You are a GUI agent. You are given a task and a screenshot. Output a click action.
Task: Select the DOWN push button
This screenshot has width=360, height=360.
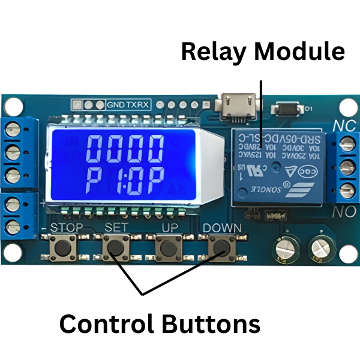point(221,247)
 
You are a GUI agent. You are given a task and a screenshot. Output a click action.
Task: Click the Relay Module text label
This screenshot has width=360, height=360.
point(263,52)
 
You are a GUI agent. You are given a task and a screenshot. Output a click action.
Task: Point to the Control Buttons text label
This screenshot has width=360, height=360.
point(159,324)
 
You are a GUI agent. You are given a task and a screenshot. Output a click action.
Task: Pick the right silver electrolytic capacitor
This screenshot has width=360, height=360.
point(320,246)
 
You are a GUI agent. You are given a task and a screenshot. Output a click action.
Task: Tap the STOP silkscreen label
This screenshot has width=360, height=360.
point(66,228)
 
